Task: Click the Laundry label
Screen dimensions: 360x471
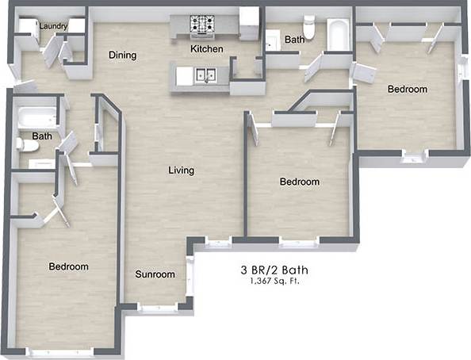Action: point(53,26)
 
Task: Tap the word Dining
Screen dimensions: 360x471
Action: point(123,56)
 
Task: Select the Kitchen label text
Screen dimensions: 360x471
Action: point(206,49)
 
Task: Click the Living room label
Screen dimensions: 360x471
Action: point(181,170)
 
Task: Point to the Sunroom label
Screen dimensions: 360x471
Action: point(154,274)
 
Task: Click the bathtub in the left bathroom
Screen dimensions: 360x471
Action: point(36,118)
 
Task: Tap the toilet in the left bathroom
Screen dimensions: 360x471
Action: point(26,144)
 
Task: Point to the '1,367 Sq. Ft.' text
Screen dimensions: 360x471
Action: point(274,281)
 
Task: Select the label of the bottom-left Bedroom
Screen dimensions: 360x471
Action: point(68,266)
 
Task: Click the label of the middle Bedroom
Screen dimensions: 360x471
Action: point(300,182)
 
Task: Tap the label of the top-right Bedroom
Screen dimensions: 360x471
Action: point(407,89)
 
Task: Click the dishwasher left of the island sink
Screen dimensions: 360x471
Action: point(183,75)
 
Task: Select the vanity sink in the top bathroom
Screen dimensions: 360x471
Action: point(274,39)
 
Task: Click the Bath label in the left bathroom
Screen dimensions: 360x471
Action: point(42,136)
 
